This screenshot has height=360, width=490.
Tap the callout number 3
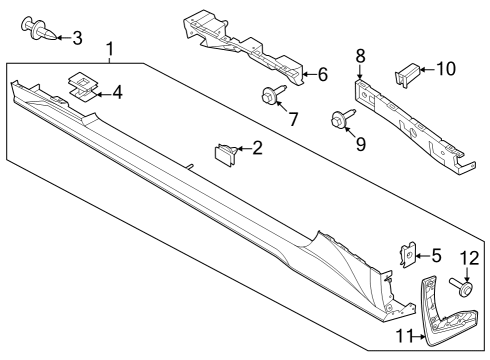pos(77,37)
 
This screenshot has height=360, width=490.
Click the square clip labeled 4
pos(82,86)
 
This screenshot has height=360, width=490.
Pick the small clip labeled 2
pos(227,153)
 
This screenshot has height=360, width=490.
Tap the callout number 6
pos(322,73)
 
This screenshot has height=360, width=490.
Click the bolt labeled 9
pos(339,120)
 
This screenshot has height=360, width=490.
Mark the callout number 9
pos(360,144)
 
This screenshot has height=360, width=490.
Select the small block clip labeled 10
pos(407,71)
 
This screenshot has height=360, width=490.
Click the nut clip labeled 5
pos(408,257)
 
